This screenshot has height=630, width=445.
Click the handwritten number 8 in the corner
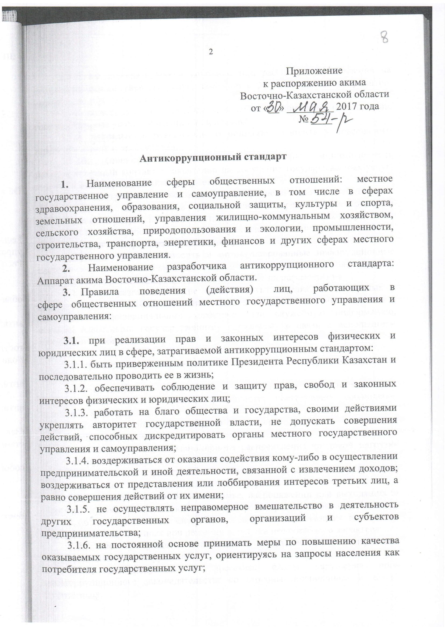click(x=385, y=37)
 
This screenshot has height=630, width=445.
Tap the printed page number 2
click(x=211, y=52)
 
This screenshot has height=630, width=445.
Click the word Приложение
click(x=314, y=71)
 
